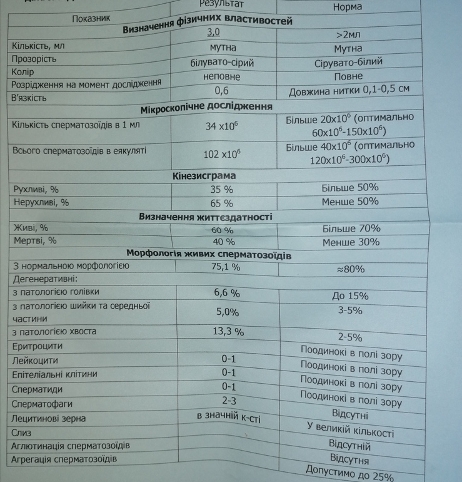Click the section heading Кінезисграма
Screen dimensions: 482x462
coord(204,176)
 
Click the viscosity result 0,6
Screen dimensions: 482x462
coord(221,91)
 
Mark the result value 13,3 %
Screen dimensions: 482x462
coord(230,332)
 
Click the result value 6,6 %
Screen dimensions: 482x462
coord(227,292)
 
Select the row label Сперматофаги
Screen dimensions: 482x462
coord(43,404)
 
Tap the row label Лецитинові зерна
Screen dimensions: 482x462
coord(49,418)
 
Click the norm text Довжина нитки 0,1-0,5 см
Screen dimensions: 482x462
coord(349,91)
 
